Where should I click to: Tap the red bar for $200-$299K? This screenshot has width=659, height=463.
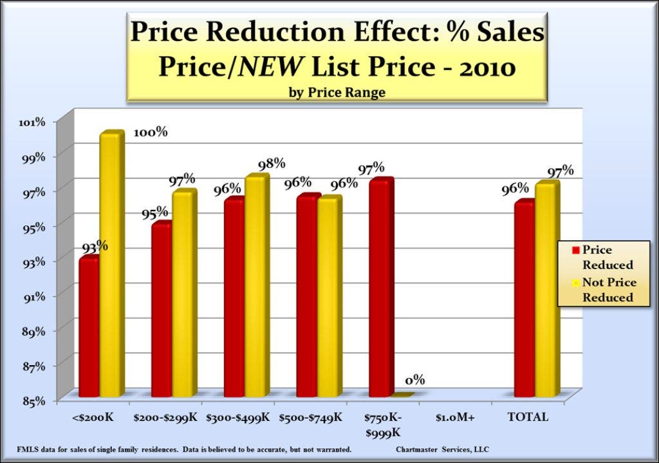click(162, 310)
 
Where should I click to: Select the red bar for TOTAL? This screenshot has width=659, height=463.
click(524, 299)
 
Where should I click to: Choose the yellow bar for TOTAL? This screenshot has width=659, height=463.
click(547, 290)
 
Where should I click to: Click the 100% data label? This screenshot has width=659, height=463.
click(151, 133)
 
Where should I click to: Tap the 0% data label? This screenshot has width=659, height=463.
click(414, 380)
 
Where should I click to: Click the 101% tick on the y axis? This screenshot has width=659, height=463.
click(32, 122)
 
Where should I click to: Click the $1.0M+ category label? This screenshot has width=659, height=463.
click(454, 417)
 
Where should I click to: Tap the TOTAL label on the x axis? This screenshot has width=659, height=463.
click(528, 417)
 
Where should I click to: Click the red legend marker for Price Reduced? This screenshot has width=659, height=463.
click(577, 249)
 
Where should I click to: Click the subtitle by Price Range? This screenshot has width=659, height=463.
click(337, 92)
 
